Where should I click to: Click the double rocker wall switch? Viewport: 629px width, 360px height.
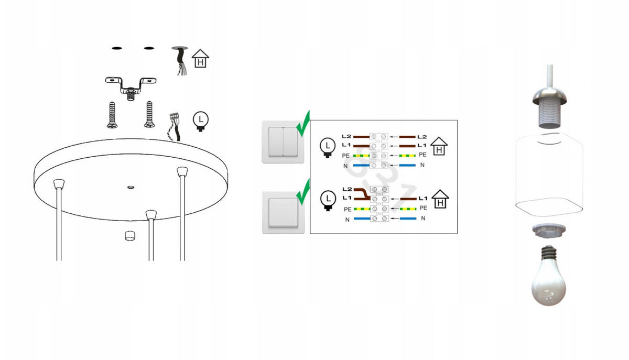(x=283, y=142)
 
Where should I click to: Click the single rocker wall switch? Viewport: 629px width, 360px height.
(x=284, y=213)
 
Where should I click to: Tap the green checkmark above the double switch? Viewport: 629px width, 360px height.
(x=303, y=124)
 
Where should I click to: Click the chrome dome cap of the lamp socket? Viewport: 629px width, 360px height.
(x=549, y=96)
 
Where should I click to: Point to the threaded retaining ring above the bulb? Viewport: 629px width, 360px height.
(x=549, y=230)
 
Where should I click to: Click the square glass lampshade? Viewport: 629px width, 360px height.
(x=549, y=174)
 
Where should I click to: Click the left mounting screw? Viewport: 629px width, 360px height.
(x=112, y=115)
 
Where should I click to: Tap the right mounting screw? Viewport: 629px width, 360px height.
(x=149, y=115)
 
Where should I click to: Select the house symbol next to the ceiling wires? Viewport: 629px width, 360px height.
(x=200, y=58)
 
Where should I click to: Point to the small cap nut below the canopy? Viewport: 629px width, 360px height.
(x=130, y=236)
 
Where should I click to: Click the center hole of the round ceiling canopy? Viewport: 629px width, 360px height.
(x=131, y=187)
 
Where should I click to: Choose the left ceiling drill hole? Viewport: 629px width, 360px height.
(x=117, y=48)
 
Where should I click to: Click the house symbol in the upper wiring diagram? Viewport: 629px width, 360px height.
(x=439, y=146)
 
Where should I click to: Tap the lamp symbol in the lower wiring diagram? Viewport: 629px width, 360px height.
(x=328, y=201)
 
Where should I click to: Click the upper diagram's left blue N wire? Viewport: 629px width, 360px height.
(x=361, y=166)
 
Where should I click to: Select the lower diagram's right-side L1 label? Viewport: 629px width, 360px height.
(x=423, y=198)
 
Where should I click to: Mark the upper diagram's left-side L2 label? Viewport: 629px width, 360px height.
(x=346, y=136)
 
